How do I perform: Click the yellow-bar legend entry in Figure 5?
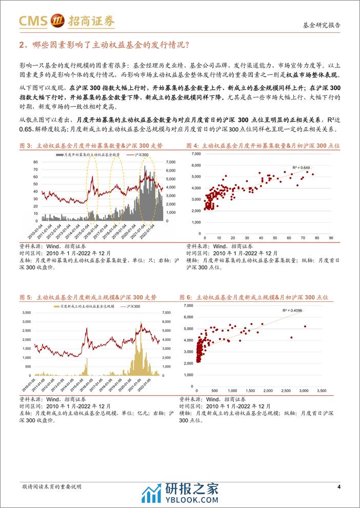point(80,306)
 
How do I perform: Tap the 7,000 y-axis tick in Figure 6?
point(188,305)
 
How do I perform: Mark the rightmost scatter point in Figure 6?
point(305,327)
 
